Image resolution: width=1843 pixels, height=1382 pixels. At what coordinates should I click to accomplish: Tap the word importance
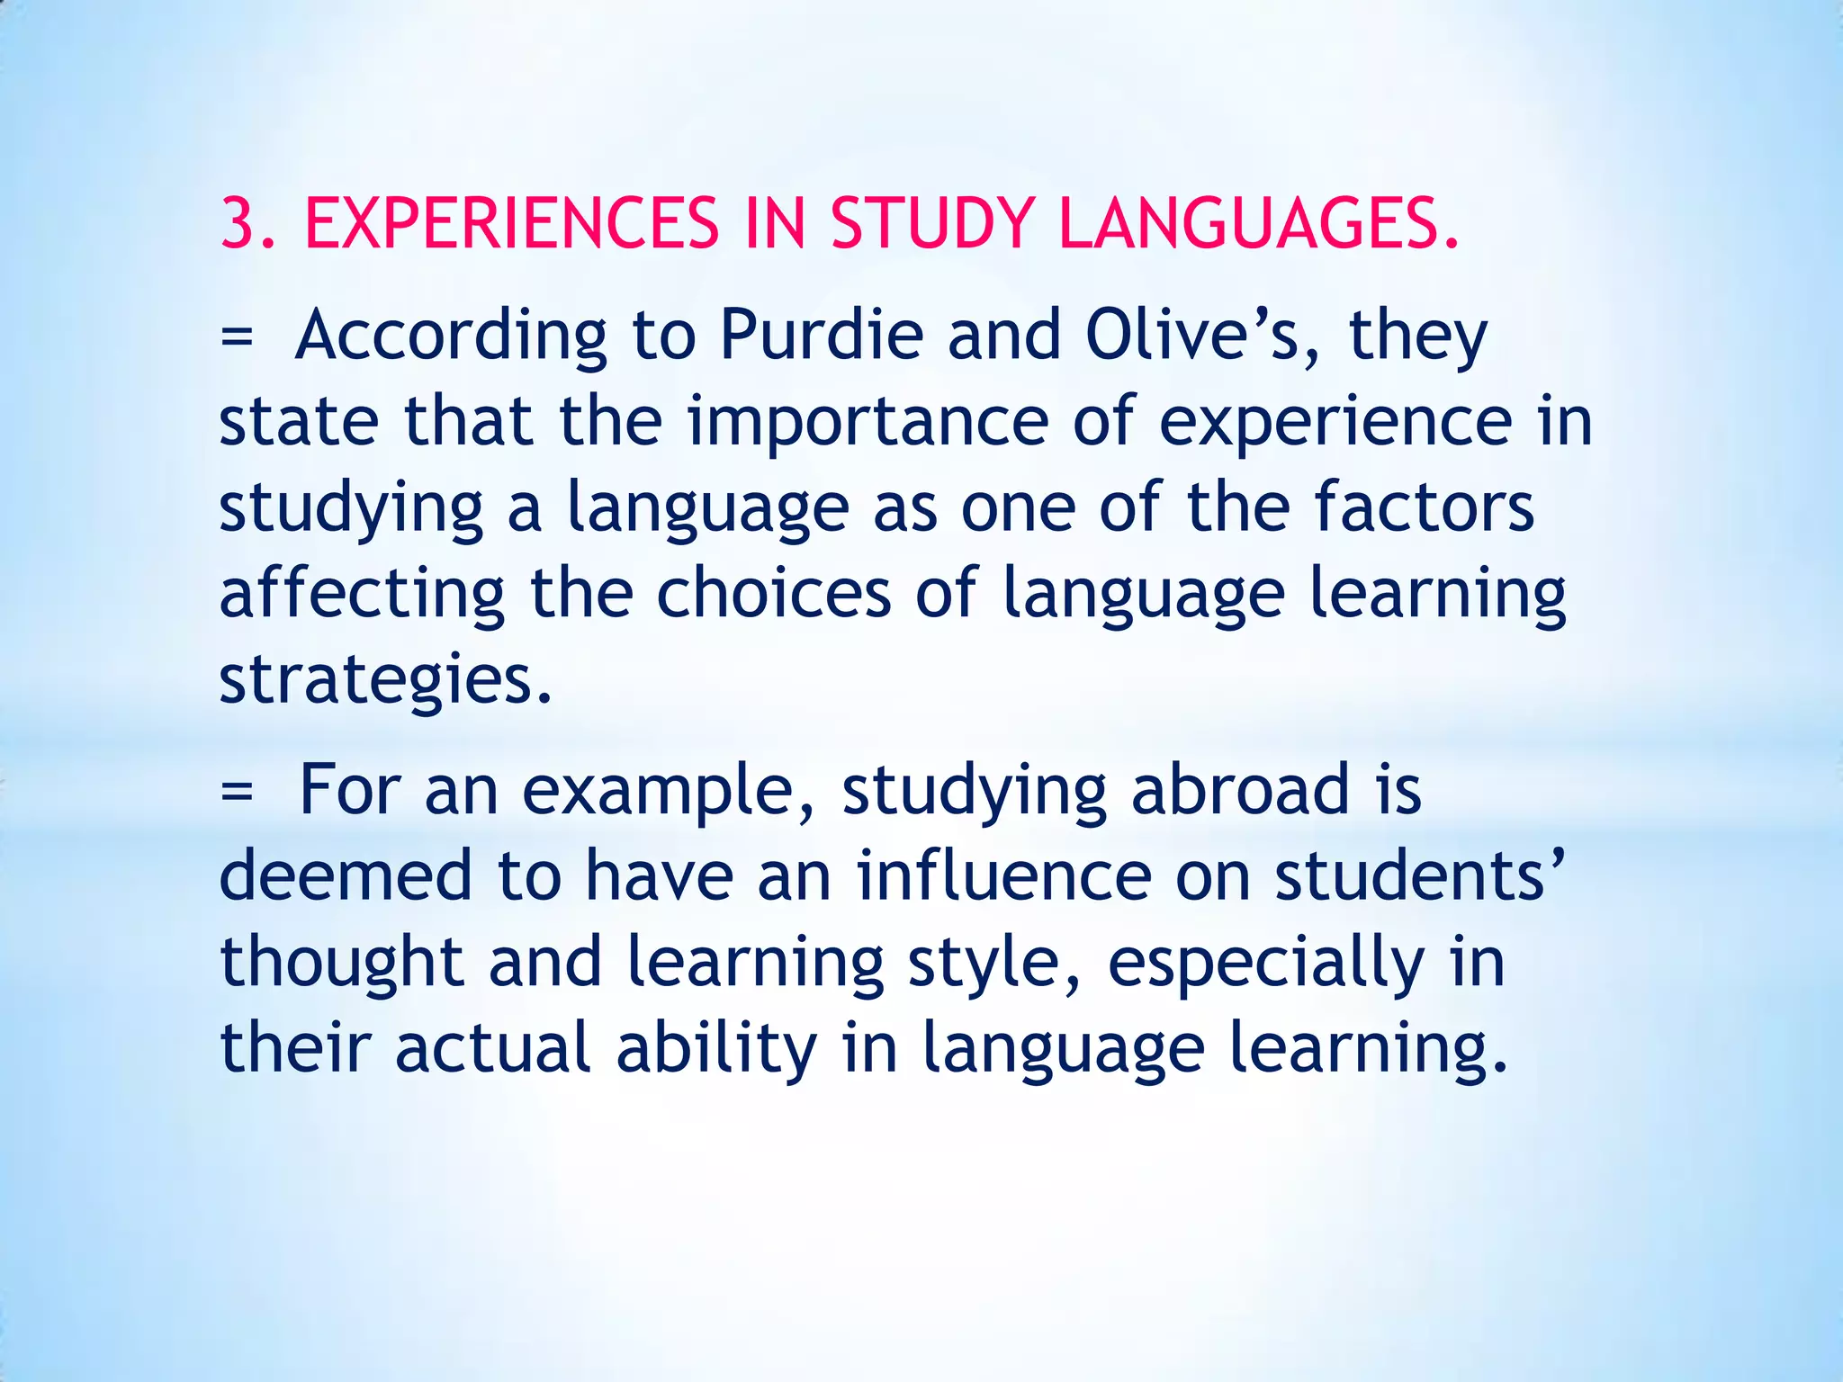[868, 423]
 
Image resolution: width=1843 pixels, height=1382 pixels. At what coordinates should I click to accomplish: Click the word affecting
[363, 596]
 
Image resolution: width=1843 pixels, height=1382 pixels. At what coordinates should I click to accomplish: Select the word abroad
[1240, 789]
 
